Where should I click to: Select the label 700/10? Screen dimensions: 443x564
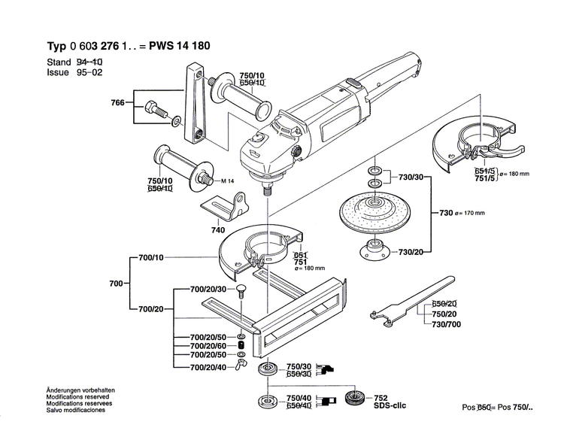pos(150,258)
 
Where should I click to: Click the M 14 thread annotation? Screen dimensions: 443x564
pos(230,181)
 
